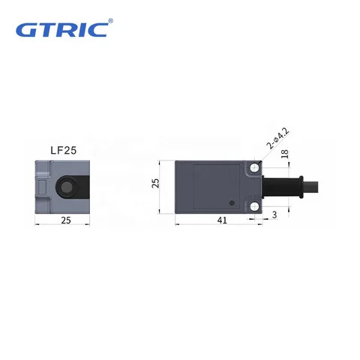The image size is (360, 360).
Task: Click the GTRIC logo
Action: click(63, 30)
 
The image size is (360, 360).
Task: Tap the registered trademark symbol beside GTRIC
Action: click(111, 22)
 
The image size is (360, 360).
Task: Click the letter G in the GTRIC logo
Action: click(26, 31)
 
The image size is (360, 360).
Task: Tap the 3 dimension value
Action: click(274, 215)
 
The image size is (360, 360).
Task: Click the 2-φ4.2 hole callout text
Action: click(277, 142)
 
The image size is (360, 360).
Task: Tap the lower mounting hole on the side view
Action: click(256, 202)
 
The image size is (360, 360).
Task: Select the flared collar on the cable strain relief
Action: click(298, 186)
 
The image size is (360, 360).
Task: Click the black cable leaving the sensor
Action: click(330, 186)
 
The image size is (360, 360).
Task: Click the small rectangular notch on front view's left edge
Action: click(40, 185)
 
